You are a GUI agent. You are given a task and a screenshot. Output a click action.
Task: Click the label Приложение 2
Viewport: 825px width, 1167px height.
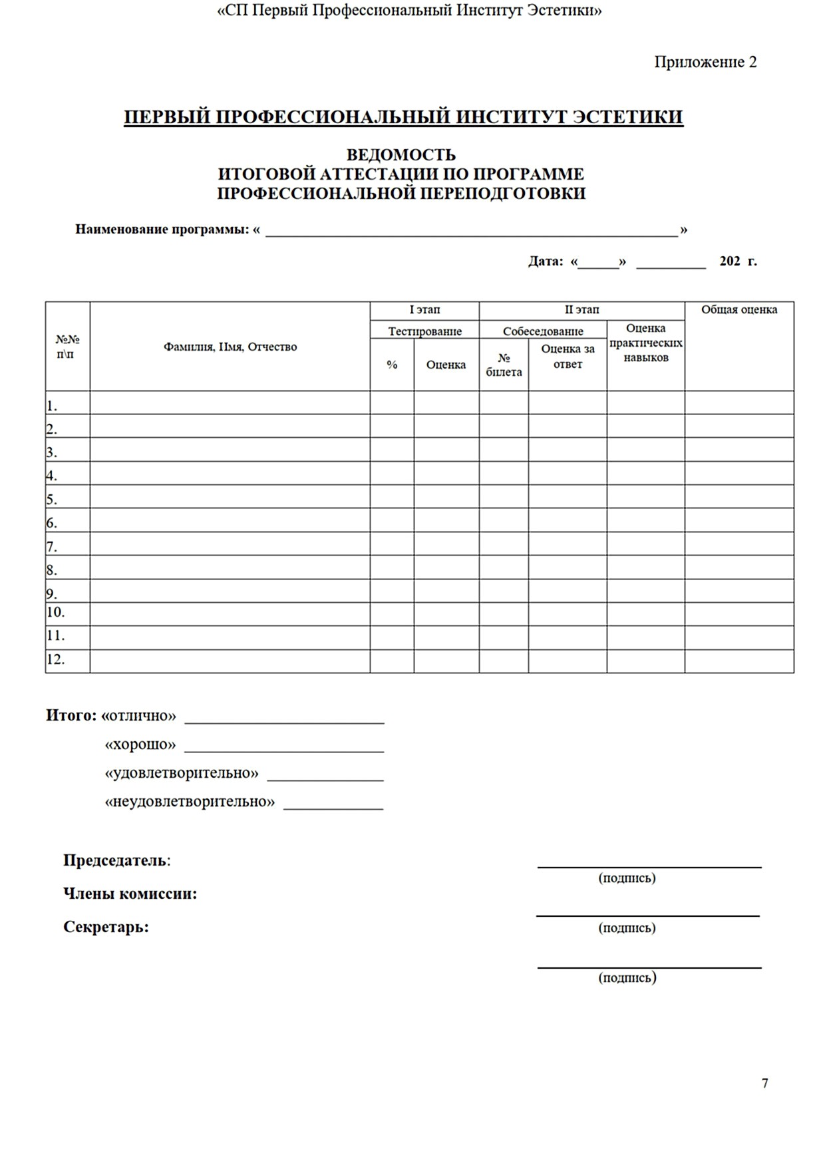coord(705,62)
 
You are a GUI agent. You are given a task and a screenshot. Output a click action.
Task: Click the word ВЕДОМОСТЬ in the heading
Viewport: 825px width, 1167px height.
coord(401,155)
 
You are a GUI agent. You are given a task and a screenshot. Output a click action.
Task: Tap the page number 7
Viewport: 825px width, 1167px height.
coord(764,1083)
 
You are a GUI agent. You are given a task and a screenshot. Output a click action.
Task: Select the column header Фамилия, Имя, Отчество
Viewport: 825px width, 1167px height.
coord(230,347)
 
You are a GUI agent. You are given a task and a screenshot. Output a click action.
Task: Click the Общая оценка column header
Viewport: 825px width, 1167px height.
coord(739,309)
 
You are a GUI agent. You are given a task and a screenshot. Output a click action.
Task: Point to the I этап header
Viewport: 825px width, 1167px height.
coord(424,309)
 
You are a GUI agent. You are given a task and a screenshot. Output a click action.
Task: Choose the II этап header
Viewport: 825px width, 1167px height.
coord(581,309)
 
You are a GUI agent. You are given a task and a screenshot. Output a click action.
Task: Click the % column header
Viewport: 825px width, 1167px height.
coord(392,365)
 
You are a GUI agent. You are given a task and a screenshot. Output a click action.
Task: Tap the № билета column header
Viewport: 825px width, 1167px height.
coord(504,365)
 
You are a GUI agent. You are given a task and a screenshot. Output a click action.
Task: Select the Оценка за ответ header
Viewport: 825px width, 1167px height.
coord(568,357)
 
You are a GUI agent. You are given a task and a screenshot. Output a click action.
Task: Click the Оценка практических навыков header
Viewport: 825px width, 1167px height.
coord(645,343)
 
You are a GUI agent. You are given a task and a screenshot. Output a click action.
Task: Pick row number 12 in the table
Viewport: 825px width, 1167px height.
coord(56,660)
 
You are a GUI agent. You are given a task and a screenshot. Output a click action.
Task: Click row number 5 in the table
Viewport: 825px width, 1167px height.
coord(52,499)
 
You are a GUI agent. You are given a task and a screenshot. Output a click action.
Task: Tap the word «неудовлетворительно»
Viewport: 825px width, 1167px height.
coord(190,802)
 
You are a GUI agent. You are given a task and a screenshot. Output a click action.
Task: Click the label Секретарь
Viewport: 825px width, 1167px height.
coord(106,927)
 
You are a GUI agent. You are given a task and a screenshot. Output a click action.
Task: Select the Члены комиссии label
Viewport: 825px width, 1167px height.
coord(130,894)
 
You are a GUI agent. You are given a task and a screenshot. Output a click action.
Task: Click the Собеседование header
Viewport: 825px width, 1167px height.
coord(543,331)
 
